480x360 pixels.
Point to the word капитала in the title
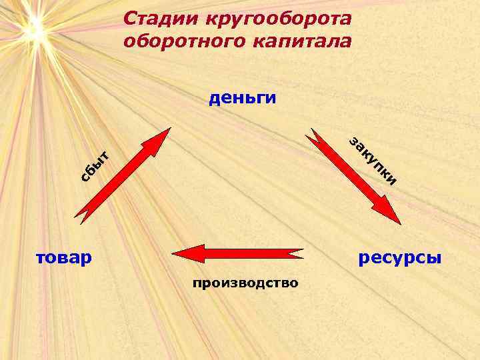(x=301, y=41)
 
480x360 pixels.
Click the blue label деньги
(x=242, y=99)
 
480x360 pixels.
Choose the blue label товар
(x=65, y=256)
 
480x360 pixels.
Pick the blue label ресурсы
(x=400, y=256)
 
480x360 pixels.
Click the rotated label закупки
(x=373, y=161)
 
